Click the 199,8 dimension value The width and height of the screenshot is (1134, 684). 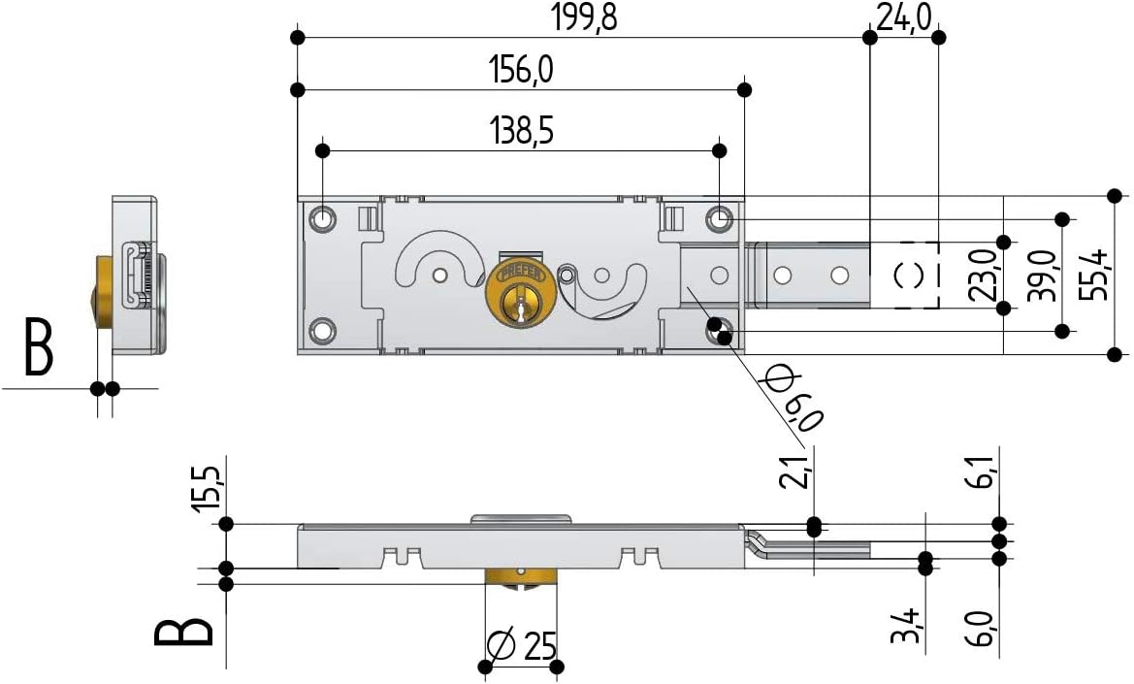coord(584,16)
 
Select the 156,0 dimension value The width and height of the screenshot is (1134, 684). coord(521,70)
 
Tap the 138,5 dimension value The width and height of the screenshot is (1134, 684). coord(521,131)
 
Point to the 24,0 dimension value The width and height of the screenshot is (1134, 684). coord(903,16)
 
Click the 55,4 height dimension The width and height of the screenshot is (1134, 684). coord(1093,275)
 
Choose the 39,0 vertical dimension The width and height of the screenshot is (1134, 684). coord(1042,276)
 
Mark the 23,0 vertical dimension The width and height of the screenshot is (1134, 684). coord(983,276)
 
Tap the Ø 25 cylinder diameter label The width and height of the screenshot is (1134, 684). coord(522,645)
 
